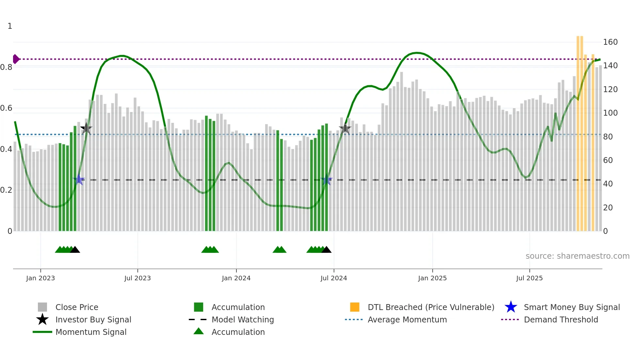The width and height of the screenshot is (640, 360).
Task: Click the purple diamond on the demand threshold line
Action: [x=16, y=59]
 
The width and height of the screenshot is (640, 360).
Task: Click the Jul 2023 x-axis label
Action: [x=137, y=278]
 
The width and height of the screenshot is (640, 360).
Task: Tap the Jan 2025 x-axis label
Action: [x=432, y=278]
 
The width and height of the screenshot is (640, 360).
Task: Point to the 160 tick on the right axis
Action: [x=610, y=42]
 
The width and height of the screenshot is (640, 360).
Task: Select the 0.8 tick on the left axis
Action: [x=6, y=67]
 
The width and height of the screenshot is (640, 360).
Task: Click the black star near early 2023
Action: [x=86, y=128]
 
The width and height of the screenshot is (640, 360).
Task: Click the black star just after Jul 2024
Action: [x=345, y=129]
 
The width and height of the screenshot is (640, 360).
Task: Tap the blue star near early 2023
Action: [x=79, y=180]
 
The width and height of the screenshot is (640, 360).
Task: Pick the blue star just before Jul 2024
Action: [x=326, y=180]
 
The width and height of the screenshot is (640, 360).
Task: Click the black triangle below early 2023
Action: [x=75, y=250]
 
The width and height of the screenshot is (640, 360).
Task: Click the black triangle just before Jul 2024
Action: [x=326, y=250]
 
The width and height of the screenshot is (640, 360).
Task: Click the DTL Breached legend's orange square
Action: [x=355, y=307]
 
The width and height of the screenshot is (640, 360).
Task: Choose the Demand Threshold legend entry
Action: [x=561, y=319]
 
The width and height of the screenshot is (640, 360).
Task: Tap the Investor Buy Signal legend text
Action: [x=93, y=319]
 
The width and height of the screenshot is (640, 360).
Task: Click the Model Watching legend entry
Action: [x=242, y=319]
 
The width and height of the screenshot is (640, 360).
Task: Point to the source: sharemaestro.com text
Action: [x=577, y=256]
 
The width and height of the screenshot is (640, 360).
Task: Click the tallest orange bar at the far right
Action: [x=578, y=131]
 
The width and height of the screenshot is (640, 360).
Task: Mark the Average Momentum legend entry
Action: [x=407, y=319]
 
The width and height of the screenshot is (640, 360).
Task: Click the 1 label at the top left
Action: [x=10, y=26]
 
